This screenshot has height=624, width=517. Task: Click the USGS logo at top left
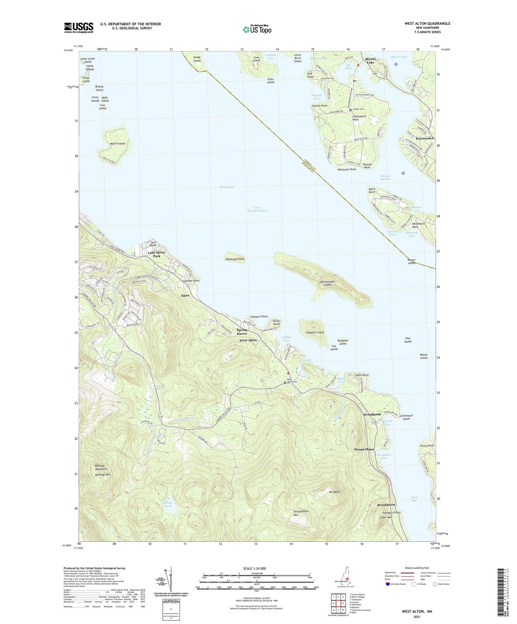79,28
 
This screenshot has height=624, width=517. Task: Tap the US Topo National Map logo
257,29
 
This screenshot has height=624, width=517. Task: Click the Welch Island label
118,143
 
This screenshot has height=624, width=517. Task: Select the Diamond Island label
235,259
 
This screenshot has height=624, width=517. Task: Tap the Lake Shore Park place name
157,254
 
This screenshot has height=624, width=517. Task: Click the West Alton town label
248,340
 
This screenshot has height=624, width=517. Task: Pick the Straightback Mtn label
301,513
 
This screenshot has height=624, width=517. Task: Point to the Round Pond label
168,505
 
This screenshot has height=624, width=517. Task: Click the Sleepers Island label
314,332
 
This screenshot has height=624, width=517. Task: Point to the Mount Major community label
364,449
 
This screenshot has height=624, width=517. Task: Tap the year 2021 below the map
417,616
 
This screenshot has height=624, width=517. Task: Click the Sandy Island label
197,59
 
